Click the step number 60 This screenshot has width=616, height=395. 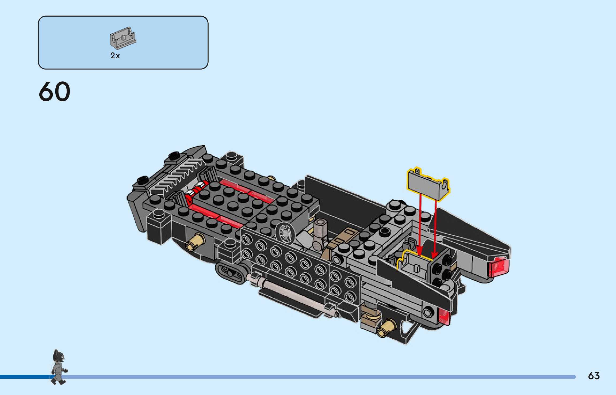click(x=55, y=92)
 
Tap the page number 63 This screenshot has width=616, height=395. click(x=594, y=376)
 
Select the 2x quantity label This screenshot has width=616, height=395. click(x=115, y=56)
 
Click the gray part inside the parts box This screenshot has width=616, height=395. click(x=123, y=38)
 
